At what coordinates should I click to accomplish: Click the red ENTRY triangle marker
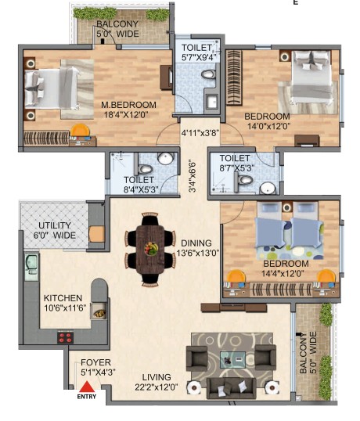point(86,387)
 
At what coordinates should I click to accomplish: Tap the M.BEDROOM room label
point(128,105)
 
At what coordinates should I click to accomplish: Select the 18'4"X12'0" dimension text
point(126,115)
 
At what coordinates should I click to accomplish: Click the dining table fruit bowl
point(151,248)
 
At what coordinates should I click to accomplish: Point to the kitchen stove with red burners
point(65,337)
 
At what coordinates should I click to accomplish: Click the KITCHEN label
point(63,298)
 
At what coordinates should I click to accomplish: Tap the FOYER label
point(95,362)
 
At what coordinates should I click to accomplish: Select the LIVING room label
point(157,377)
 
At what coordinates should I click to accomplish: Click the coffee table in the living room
point(232,360)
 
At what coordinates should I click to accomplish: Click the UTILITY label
point(55,225)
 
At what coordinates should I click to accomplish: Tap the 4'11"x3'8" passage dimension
point(200,132)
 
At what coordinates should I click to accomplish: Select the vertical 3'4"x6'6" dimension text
point(193,177)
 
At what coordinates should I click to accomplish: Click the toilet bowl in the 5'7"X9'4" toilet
point(208,74)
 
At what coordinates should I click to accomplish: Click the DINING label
point(196,243)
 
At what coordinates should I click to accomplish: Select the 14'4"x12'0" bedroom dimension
point(283,274)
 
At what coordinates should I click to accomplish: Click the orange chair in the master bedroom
point(80,130)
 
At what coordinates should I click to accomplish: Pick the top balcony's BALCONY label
point(117,24)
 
